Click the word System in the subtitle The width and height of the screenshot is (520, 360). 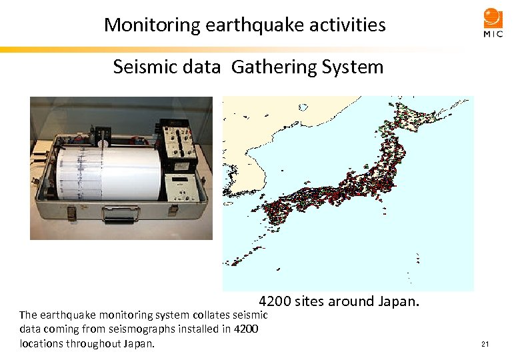[353, 67]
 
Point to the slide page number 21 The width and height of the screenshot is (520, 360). [485, 344]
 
